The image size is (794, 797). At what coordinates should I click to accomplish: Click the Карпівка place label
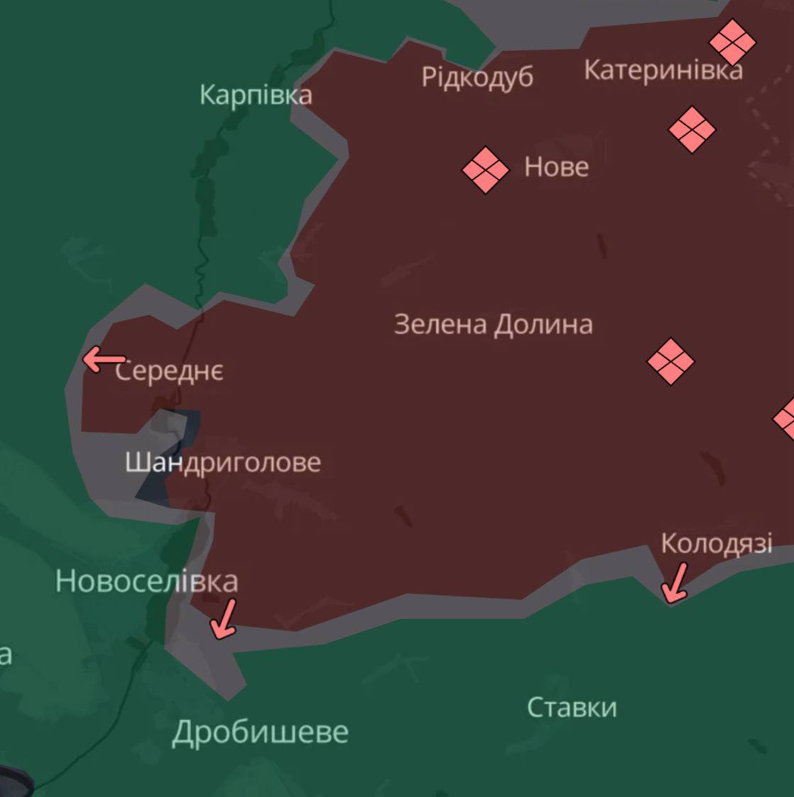click(255, 95)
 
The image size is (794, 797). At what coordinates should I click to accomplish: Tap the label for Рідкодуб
click(477, 77)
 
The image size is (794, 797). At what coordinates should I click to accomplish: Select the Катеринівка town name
click(663, 70)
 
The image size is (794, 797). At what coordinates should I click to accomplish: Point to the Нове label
click(556, 167)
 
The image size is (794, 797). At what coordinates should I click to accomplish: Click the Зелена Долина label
click(493, 325)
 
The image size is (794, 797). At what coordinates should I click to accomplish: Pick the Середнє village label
click(170, 371)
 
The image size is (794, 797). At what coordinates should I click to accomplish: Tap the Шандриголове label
click(223, 463)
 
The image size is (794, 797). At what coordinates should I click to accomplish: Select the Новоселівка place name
click(146, 581)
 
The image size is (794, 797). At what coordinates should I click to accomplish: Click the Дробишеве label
click(260, 732)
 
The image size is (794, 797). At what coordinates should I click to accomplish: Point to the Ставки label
click(572, 708)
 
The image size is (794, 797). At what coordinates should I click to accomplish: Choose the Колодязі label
click(716, 544)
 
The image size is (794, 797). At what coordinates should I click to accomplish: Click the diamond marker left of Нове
click(485, 169)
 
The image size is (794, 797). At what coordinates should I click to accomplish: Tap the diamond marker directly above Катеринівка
click(732, 42)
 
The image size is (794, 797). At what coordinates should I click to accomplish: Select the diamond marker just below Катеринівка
click(692, 130)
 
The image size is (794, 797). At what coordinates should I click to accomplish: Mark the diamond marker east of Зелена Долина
click(671, 361)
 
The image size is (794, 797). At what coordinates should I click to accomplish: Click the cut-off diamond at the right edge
click(785, 419)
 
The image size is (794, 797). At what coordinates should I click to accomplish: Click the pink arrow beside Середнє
click(104, 360)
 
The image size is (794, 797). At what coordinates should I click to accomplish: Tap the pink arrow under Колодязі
click(674, 583)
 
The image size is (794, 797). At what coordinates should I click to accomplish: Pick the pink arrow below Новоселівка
click(224, 618)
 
